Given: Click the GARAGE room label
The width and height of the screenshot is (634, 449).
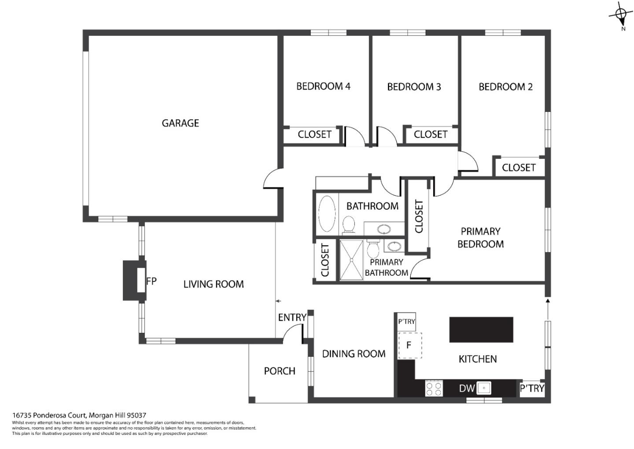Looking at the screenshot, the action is point(181,123).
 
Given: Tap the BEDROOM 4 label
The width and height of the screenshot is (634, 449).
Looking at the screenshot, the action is point(323,86).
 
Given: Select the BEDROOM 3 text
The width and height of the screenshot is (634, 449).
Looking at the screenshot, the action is point(414,87).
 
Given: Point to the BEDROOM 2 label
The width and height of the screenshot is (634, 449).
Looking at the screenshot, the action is point(505,87).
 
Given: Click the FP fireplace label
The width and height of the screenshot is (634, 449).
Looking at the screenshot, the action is point(151,281).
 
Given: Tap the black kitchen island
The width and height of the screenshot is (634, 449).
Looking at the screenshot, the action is point(481,329).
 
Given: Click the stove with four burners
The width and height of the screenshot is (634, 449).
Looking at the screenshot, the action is point(434,389).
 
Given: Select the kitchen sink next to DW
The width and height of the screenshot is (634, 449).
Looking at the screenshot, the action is point(484,388).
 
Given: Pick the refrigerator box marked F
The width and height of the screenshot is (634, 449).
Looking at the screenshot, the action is point(409,345).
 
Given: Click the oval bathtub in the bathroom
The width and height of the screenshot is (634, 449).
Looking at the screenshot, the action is point(327,214).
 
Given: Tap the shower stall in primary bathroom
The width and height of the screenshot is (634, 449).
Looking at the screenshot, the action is point(351,260).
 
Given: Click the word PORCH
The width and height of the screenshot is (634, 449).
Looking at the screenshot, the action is point(280,371).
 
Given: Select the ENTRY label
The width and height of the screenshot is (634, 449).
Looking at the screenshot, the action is point(292,318).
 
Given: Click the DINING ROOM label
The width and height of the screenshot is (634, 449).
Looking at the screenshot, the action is point(354,354).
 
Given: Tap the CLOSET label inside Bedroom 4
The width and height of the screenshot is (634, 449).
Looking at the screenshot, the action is point(314,135).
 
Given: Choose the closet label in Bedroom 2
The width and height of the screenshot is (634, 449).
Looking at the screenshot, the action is point(519,168).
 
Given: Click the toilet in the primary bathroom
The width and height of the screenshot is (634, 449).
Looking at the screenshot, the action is point(373,248).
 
